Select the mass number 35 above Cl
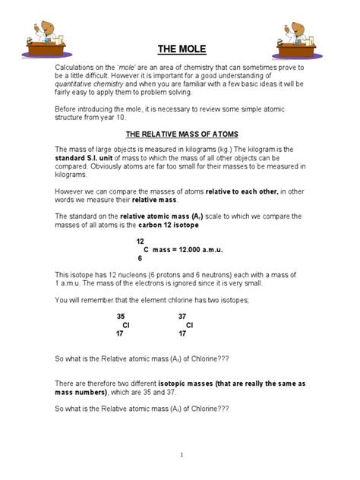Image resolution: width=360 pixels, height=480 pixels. pos(120,316)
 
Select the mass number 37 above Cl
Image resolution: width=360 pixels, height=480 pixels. pos(182,316)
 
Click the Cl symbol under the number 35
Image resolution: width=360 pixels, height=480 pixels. pos(126,324)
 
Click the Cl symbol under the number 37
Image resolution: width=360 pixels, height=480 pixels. pos(189,324)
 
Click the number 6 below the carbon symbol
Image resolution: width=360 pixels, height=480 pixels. pos(140,258)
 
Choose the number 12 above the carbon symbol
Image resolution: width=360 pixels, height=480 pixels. pos(140,241)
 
